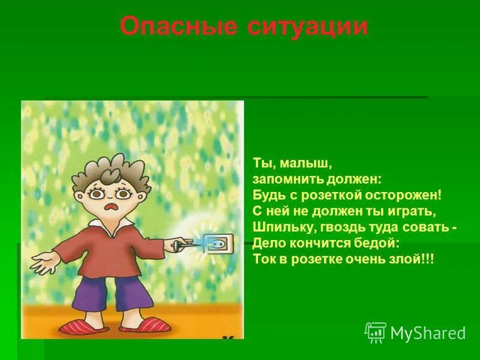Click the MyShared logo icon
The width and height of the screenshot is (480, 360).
376,332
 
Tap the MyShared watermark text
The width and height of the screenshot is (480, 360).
428,333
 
